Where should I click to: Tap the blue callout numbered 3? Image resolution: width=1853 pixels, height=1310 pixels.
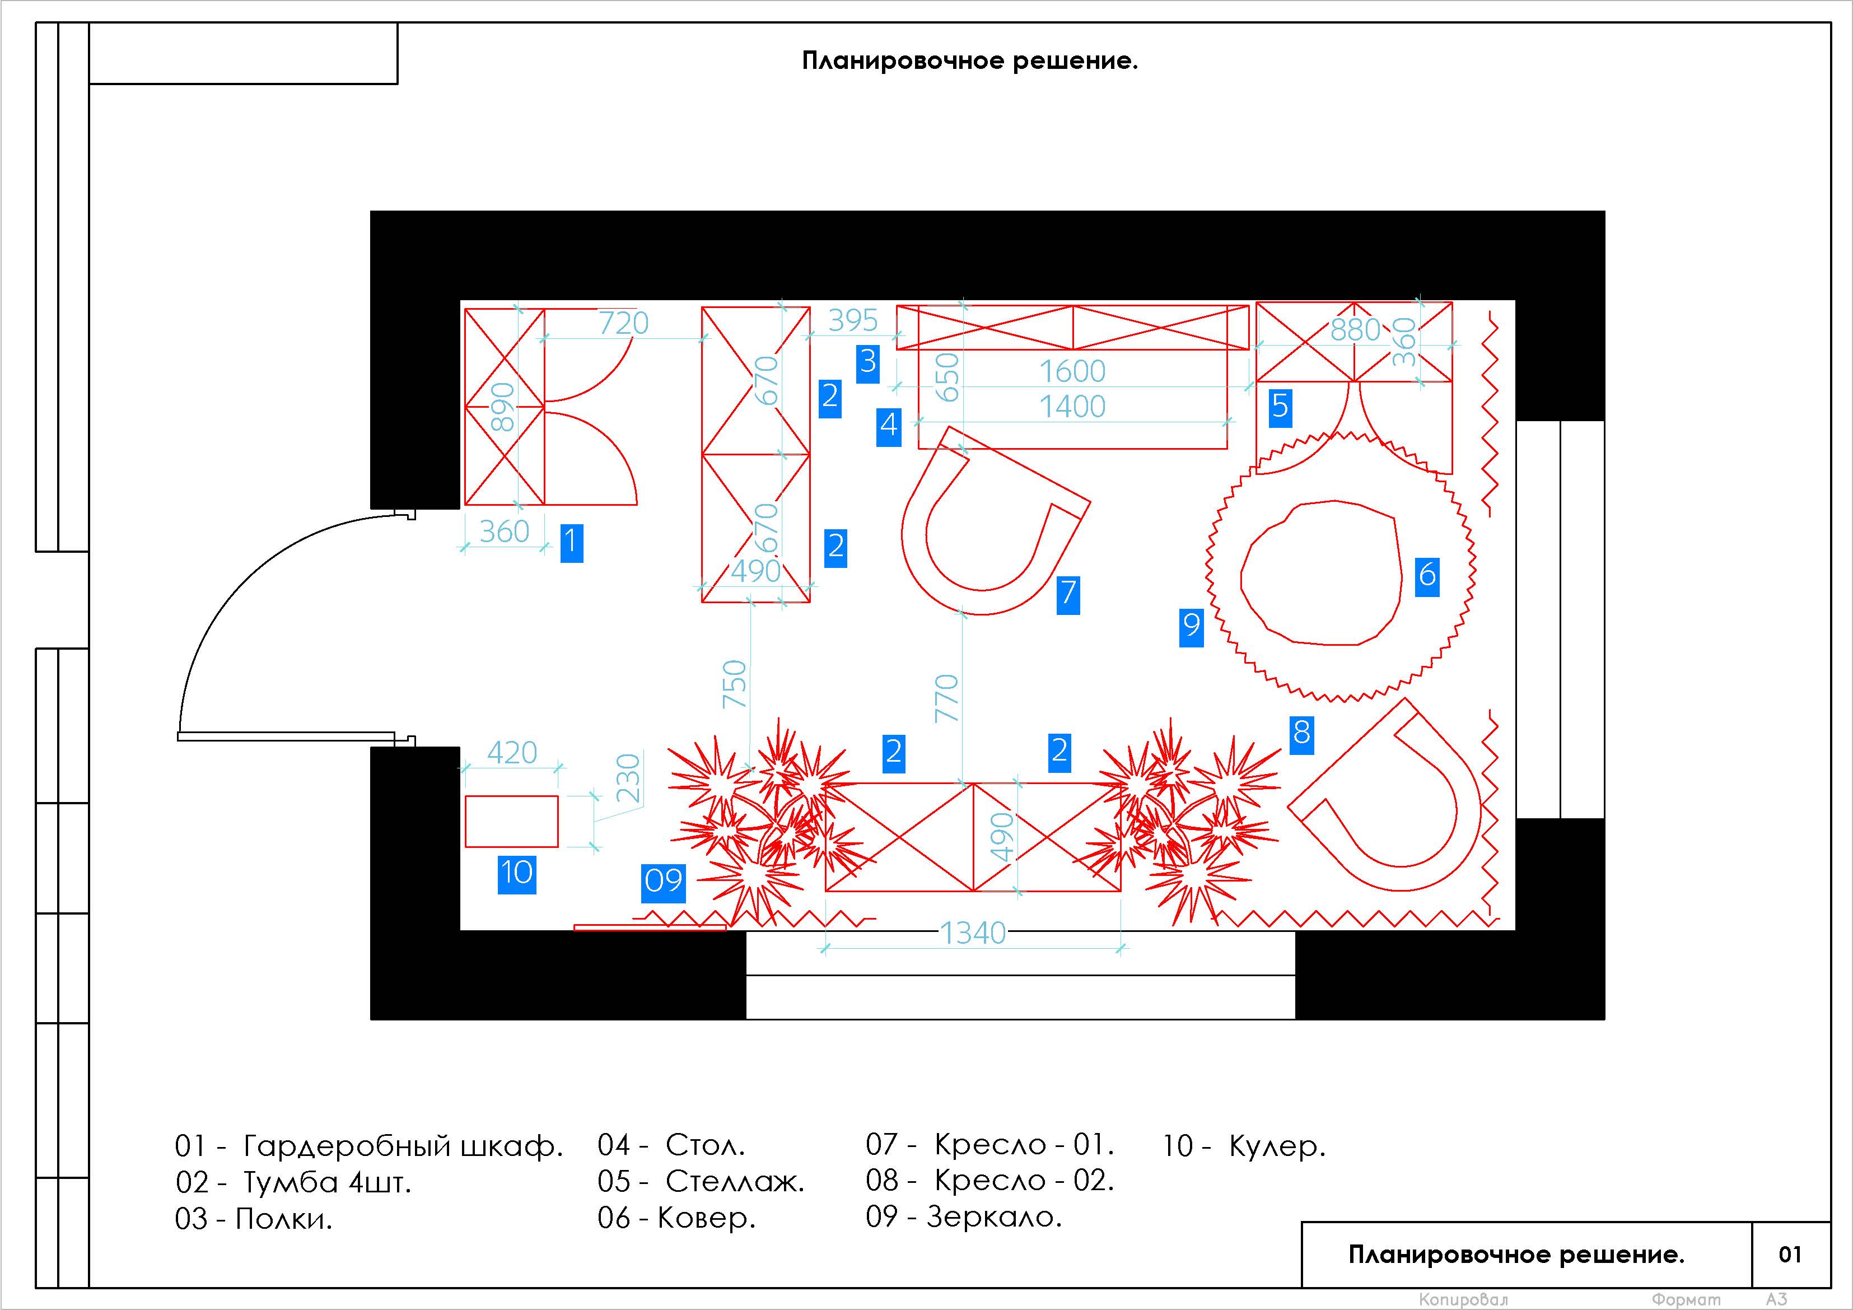click(867, 363)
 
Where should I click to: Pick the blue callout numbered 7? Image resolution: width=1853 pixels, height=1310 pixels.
click(1068, 595)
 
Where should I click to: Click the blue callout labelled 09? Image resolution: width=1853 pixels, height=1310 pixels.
click(664, 882)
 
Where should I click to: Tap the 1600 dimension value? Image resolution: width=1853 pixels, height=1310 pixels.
click(1072, 371)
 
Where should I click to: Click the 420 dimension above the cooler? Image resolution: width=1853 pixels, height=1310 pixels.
click(512, 753)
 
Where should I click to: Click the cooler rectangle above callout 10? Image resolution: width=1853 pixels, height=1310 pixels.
click(512, 822)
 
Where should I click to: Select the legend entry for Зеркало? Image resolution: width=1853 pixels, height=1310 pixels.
click(964, 1216)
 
